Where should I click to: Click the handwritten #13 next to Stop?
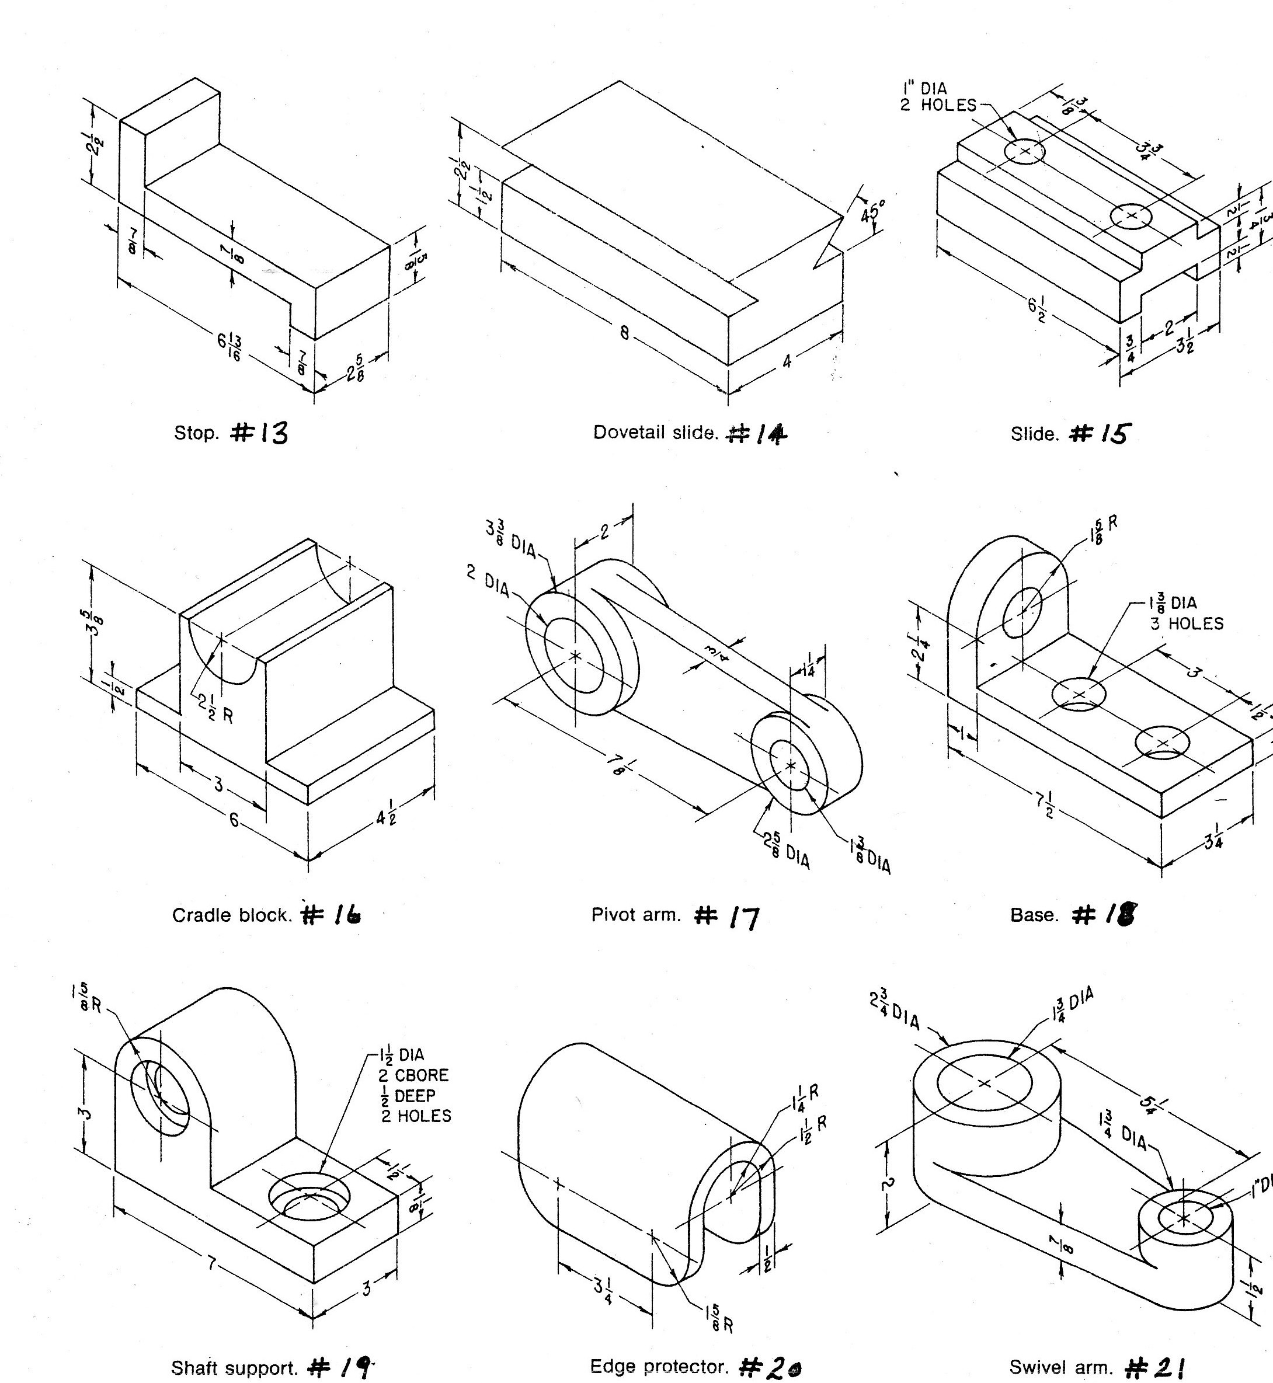point(260,433)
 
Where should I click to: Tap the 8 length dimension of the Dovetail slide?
point(624,332)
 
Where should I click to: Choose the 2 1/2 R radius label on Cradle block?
point(215,709)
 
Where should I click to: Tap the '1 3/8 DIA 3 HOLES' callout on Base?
point(1184,613)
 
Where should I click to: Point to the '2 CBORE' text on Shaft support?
point(415,1075)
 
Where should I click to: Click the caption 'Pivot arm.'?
point(636,915)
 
